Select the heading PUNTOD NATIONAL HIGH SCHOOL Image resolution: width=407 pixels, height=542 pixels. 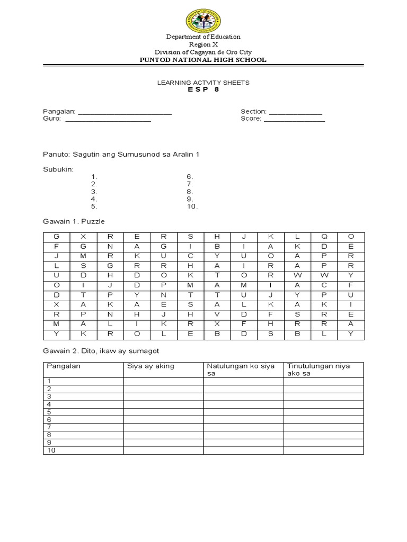(203, 60)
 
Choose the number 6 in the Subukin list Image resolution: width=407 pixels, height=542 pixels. (189, 177)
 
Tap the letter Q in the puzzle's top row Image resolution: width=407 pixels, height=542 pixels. (324, 236)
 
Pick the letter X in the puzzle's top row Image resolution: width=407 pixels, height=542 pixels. (83, 236)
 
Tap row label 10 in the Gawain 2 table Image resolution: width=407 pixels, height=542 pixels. (51, 450)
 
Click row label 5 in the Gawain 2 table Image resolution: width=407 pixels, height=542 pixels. (49, 411)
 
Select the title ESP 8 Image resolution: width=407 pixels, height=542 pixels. (203, 89)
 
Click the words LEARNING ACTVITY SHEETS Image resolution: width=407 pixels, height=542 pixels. (203, 83)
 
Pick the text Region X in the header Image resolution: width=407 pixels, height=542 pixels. (203, 44)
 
